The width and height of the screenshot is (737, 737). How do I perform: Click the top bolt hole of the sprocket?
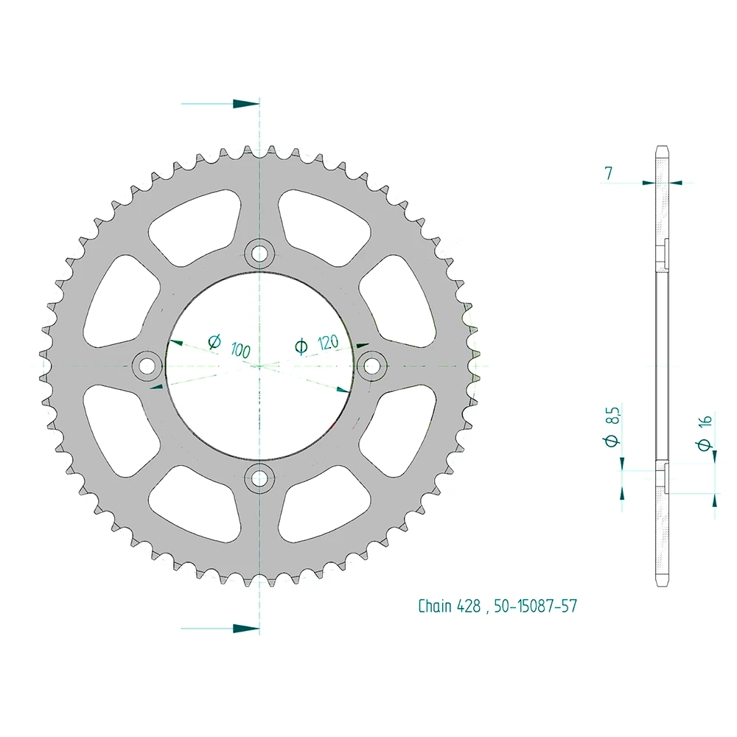tap(259, 254)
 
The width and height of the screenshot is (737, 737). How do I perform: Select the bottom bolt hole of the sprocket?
tap(259, 479)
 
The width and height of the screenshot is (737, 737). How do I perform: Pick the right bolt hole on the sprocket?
tap(372, 366)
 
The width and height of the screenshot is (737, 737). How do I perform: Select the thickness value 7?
tap(608, 174)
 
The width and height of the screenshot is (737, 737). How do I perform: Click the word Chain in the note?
tap(434, 607)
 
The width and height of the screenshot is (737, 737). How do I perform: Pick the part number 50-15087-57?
tap(534, 607)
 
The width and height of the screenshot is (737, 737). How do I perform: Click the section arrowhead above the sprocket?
tap(245, 103)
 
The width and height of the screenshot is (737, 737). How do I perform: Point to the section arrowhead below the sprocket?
tap(245, 629)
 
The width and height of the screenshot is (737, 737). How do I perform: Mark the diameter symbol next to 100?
tap(214, 341)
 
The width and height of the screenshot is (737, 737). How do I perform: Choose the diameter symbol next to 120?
tap(301, 346)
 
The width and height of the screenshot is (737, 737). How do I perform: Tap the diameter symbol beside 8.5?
tap(610, 441)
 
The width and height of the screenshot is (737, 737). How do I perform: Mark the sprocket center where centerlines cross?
tap(259, 366)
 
